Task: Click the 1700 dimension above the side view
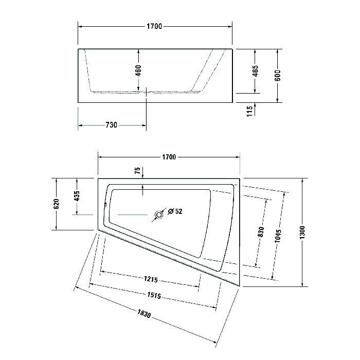pos(154,26)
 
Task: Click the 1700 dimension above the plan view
pos(169,157)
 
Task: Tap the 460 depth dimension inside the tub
pos(138,71)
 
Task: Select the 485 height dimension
pos(255,71)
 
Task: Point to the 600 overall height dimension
pos(277,76)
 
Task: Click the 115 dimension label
pos(250,111)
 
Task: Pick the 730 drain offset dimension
pos(112,125)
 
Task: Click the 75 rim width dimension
pos(137,171)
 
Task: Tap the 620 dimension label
pos(56,204)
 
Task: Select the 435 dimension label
pos(77,196)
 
